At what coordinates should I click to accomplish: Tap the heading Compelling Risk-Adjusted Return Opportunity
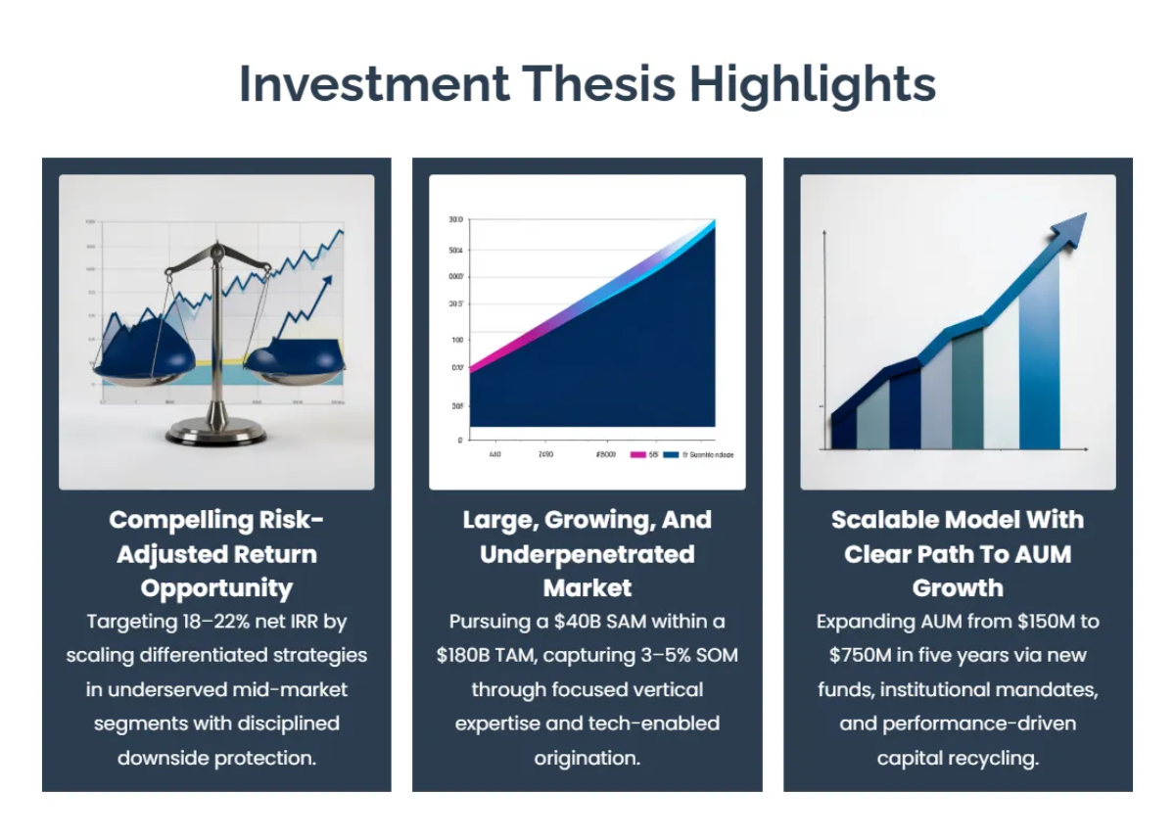pos(216,553)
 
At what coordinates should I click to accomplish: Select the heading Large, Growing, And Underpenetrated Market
pos(587,553)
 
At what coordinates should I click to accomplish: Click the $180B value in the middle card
pos(471,655)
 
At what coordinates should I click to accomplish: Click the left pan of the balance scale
pos(144,360)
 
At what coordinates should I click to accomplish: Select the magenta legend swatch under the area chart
pos(637,455)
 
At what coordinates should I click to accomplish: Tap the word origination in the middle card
pos(587,758)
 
